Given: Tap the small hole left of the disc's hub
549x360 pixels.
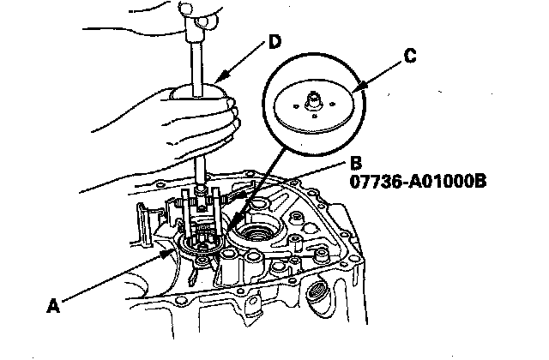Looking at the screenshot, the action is (293, 108).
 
